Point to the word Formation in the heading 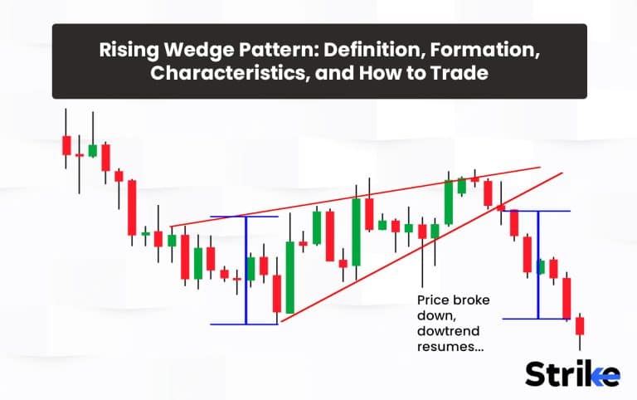point(485,50)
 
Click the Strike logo point(572,373)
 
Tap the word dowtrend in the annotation point(449,331)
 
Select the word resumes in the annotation point(450,347)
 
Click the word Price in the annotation point(433,300)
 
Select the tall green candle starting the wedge point(290,277)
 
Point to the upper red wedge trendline point(355,197)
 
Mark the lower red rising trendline point(421,247)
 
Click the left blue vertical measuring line point(246,271)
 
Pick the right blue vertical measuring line point(538,265)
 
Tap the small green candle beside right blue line point(542,267)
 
